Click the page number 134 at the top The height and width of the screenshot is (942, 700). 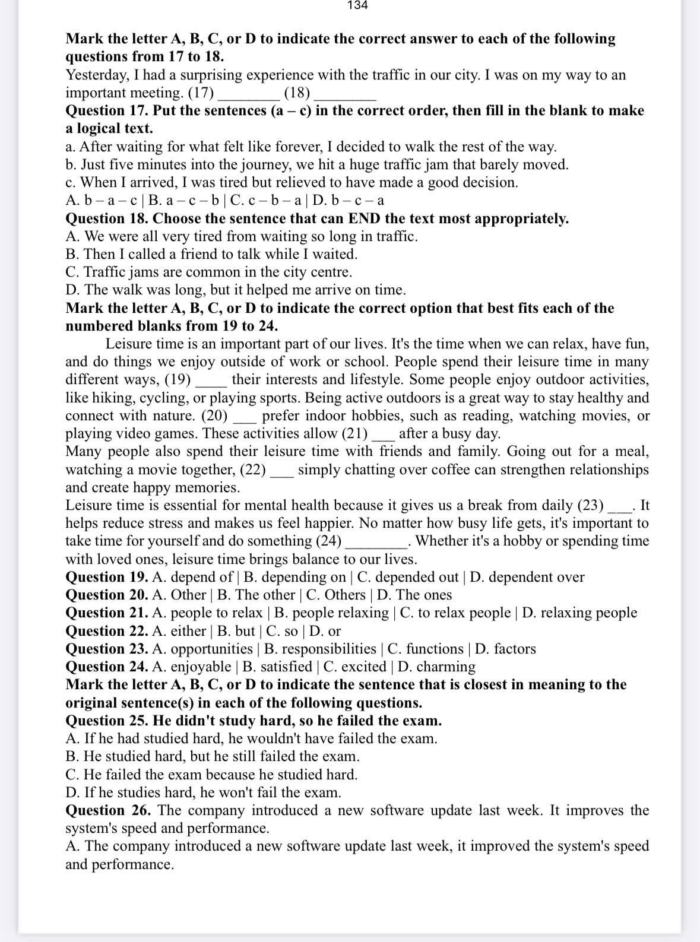357,5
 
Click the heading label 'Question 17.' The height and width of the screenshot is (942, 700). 107,110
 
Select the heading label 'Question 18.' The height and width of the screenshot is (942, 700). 107,218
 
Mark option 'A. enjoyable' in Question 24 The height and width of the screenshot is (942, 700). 191,667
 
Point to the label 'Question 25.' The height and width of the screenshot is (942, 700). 107,721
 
